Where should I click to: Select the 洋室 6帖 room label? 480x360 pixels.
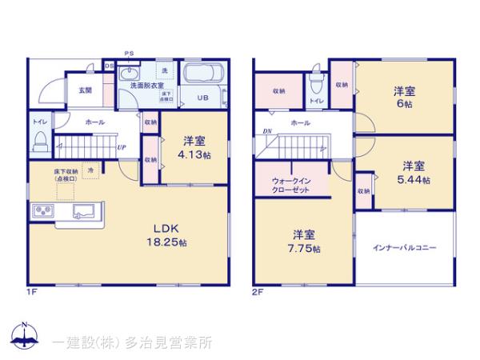click(402, 98)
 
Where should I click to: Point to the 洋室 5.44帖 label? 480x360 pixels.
click(413, 173)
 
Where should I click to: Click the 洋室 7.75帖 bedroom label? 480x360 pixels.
click(305, 241)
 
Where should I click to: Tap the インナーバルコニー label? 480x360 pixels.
click(404, 249)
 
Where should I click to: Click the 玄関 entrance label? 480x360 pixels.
click(84, 90)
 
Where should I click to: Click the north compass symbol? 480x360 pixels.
click(24, 336)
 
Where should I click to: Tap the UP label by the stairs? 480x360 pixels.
click(121, 148)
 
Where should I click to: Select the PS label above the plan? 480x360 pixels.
click(129, 54)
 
